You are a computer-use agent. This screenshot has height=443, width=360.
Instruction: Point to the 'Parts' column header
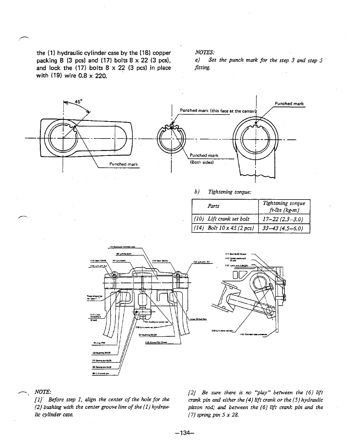click(213, 206)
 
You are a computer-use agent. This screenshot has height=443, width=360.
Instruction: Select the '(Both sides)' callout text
click(202, 162)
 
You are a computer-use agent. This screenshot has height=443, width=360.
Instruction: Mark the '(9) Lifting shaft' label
click(124, 254)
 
